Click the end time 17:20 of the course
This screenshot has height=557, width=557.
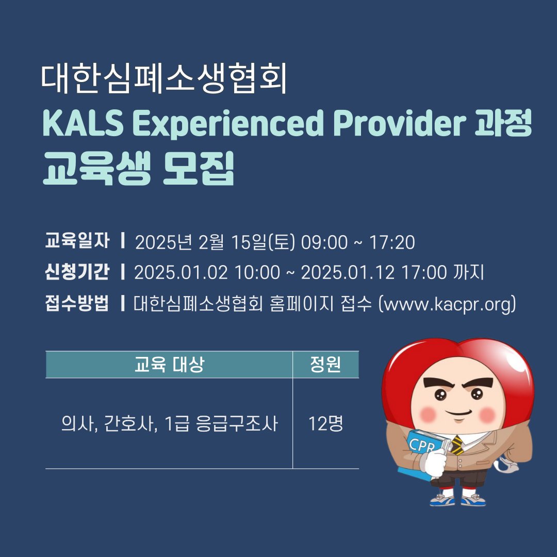click(392, 242)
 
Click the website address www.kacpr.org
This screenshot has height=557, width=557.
click(447, 304)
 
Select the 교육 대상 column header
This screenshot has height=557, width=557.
click(169, 365)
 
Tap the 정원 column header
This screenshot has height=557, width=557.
click(325, 365)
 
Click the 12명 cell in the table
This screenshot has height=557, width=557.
click(325, 424)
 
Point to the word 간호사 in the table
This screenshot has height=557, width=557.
click(123, 424)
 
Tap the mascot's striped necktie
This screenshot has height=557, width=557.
click(456, 445)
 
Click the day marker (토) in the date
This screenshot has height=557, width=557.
click(282, 242)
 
